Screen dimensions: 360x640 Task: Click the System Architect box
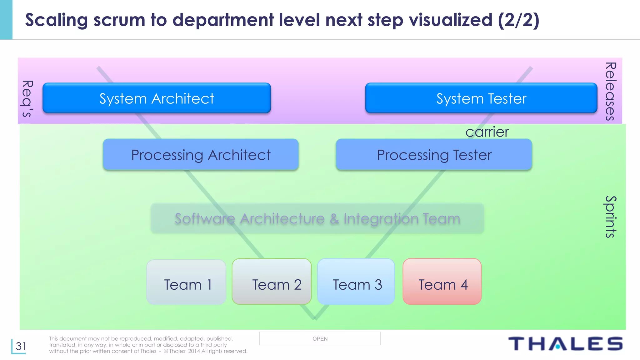click(157, 98)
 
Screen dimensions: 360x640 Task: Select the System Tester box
click(481, 98)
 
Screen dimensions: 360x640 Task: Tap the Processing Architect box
click(201, 155)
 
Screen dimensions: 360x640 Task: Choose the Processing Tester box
click(434, 155)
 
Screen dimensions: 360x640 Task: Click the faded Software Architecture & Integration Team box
click(317, 218)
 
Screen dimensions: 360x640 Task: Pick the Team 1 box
click(186, 282)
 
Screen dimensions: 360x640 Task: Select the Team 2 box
click(272, 282)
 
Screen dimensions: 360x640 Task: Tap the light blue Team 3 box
click(356, 282)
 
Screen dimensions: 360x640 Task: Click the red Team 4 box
click(442, 282)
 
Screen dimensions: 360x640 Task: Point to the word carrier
click(487, 132)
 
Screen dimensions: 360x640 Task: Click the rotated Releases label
click(610, 91)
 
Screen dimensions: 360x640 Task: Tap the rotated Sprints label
click(610, 217)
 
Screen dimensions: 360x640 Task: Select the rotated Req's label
click(27, 98)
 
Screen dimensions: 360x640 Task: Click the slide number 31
click(21, 346)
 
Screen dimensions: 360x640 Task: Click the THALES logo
click(565, 344)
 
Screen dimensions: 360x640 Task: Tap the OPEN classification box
click(320, 339)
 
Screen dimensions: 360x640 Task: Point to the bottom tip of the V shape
click(314, 318)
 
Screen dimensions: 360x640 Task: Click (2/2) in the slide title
click(518, 20)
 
